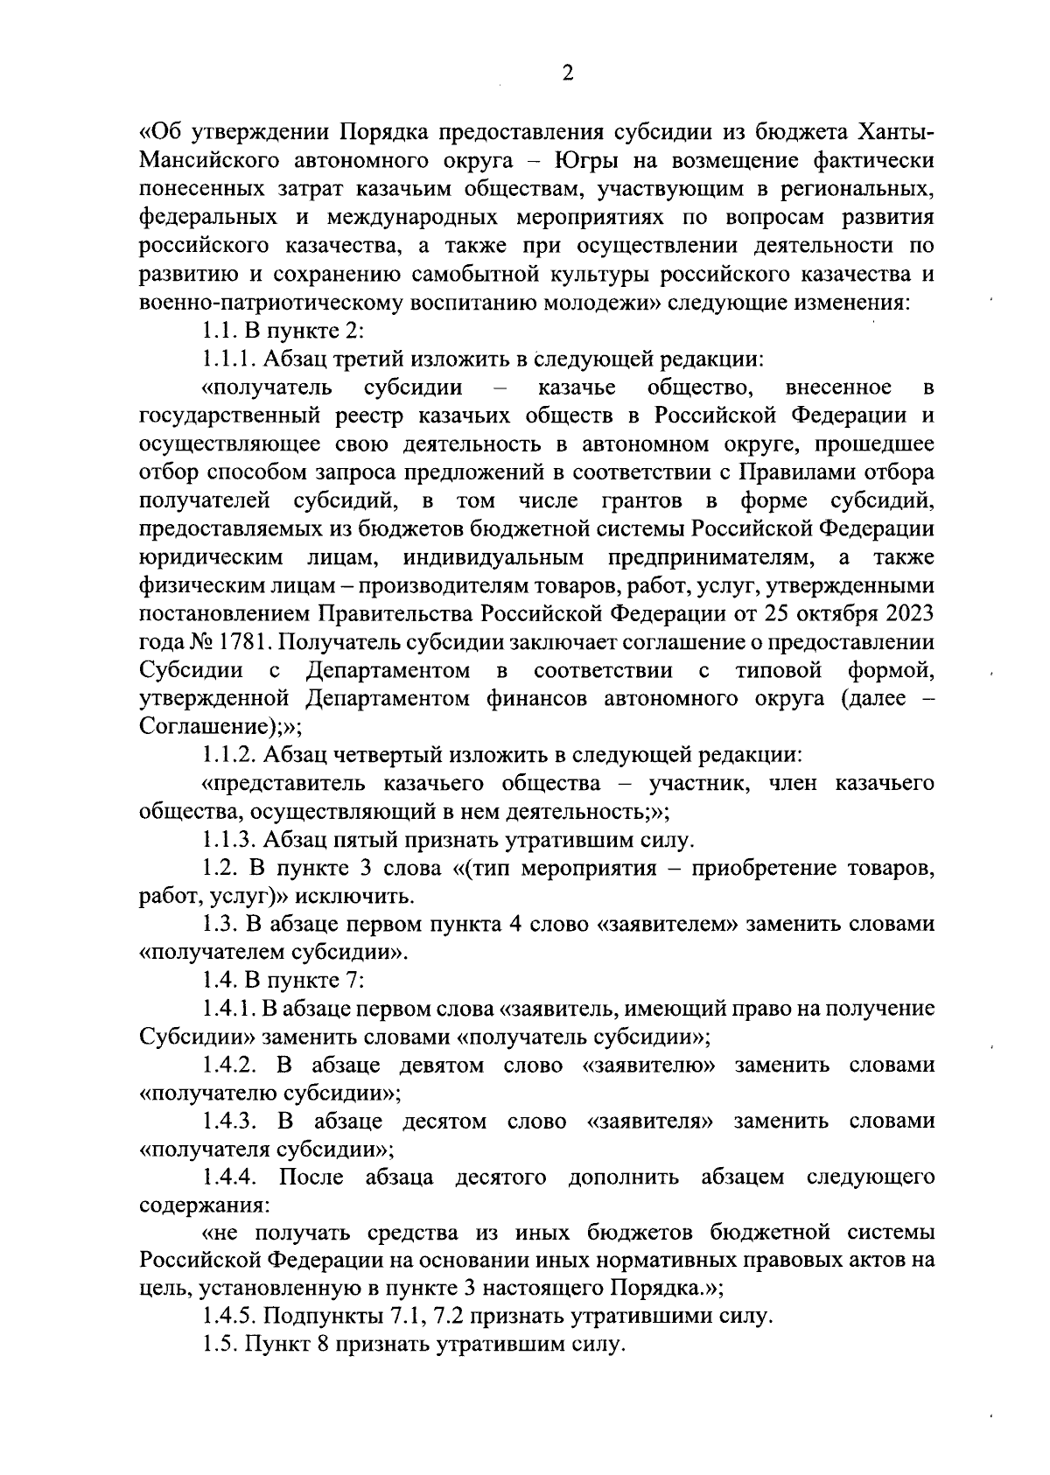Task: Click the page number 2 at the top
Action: click(x=567, y=73)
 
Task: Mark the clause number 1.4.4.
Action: click(x=229, y=1178)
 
